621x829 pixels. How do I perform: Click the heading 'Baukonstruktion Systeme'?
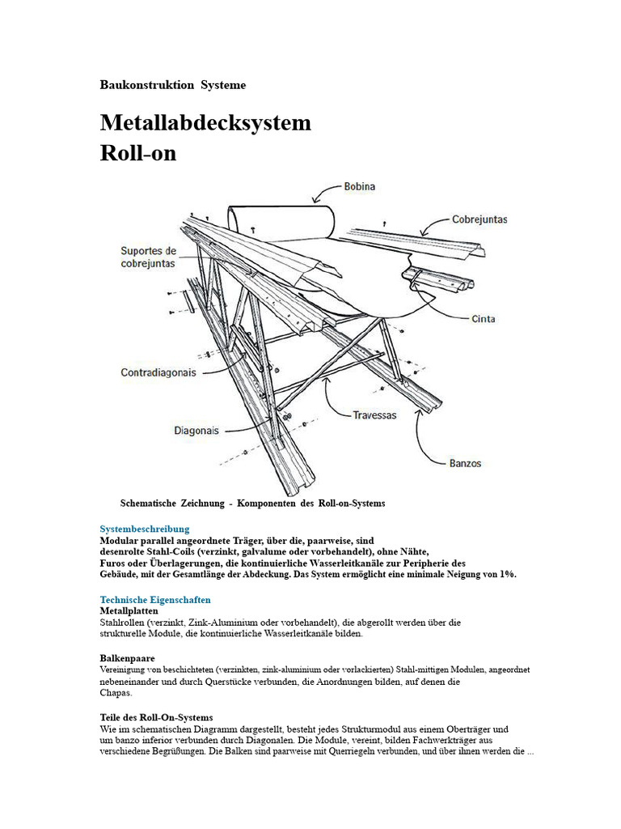(x=172, y=84)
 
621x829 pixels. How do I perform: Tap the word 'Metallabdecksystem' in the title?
(x=205, y=123)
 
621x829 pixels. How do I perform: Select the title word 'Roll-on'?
(x=137, y=153)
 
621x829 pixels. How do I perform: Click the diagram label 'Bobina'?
(x=359, y=186)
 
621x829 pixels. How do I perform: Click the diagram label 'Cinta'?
(x=484, y=319)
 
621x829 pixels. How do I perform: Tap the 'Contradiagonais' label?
(x=158, y=373)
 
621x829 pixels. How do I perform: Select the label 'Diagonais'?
(x=196, y=431)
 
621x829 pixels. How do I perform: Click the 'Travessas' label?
(x=374, y=415)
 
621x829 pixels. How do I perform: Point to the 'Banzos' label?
(x=465, y=463)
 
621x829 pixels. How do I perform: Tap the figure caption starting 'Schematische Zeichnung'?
(x=252, y=504)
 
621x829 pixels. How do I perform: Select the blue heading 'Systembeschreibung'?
(x=145, y=529)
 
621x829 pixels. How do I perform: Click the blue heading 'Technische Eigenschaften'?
(x=155, y=600)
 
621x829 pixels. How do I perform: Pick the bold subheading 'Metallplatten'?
(x=129, y=610)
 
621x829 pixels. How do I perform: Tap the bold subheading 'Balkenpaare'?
(x=128, y=658)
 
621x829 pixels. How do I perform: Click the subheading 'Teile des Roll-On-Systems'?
(x=156, y=717)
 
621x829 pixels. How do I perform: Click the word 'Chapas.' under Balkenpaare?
(x=116, y=692)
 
